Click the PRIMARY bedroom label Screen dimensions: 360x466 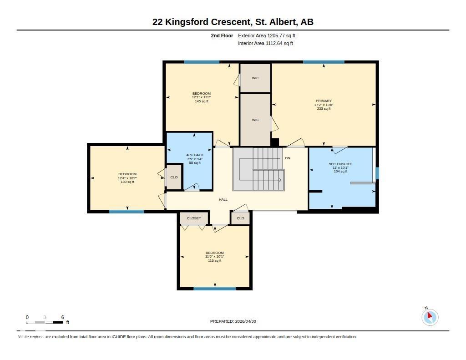(324, 101)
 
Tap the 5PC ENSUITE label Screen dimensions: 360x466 (340, 164)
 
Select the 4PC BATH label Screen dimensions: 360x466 (195, 155)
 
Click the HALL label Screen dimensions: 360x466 (223, 199)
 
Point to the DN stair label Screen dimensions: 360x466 (288, 158)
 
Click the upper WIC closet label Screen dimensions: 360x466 (255, 78)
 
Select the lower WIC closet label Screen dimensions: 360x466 (255, 120)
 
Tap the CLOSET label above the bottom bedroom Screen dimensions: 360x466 (194, 218)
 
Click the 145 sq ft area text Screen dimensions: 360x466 (202, 101)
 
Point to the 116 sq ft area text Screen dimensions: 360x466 (214, 261)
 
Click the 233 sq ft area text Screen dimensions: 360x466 (324, 109)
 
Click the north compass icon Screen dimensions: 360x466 (430, 317)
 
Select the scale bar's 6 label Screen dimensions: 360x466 (62, 317)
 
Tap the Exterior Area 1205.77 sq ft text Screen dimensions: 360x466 (268, 35)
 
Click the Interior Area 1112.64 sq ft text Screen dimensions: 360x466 (265, 44)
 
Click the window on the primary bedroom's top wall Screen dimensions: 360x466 (324, 62)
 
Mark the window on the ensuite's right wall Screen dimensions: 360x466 (377, 173)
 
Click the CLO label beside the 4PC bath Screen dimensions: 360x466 (174, 177)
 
